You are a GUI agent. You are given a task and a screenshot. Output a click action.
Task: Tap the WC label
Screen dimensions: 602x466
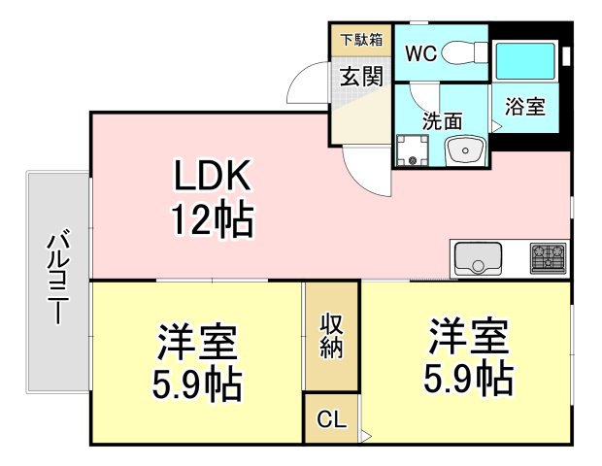pyautogui.click(x=420, y=53)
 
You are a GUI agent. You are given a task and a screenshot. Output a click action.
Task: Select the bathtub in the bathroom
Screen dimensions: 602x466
pyautogui.click(x=525, y=60)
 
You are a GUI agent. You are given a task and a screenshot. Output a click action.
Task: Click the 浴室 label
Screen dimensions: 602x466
pyautogui.click(x=524, y=107)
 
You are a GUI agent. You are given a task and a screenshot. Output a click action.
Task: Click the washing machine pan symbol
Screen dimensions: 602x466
pyautogui.click(x=413, y=150)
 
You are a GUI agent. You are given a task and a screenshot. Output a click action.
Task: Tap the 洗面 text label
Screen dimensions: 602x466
pyautogui.click(x=443, y=121)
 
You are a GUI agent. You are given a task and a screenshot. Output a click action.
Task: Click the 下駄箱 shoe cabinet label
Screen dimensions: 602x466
pyautogui.click(x=361, y=40)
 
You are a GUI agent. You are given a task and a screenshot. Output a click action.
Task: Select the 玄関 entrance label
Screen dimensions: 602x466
pyautogui.click(x=361, y=76)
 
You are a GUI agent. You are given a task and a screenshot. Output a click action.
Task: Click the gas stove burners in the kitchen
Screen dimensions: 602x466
pyautogui.click(x=548, y=257)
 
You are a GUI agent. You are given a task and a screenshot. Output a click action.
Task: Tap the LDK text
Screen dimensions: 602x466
pyautogui.click(x=213, y=176)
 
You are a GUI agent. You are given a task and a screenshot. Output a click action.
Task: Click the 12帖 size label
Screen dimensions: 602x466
pyautogui.click(x=213, y=220)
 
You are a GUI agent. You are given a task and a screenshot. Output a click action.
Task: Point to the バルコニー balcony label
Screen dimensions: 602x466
pyautogui.click(x=58, y=277)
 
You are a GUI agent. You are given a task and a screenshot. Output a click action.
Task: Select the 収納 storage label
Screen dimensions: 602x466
pyautogui.click(x=331, y=336)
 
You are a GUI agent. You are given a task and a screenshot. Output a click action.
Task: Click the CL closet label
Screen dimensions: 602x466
pyautogui.click(x=332, y=419)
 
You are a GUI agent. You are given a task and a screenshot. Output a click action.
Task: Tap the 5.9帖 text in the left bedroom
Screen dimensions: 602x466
pyautogui.click(x=197, y=384)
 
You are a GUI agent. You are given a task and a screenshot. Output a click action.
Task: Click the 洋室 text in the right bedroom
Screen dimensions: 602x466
pyautogui.click(x=469, y=336)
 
